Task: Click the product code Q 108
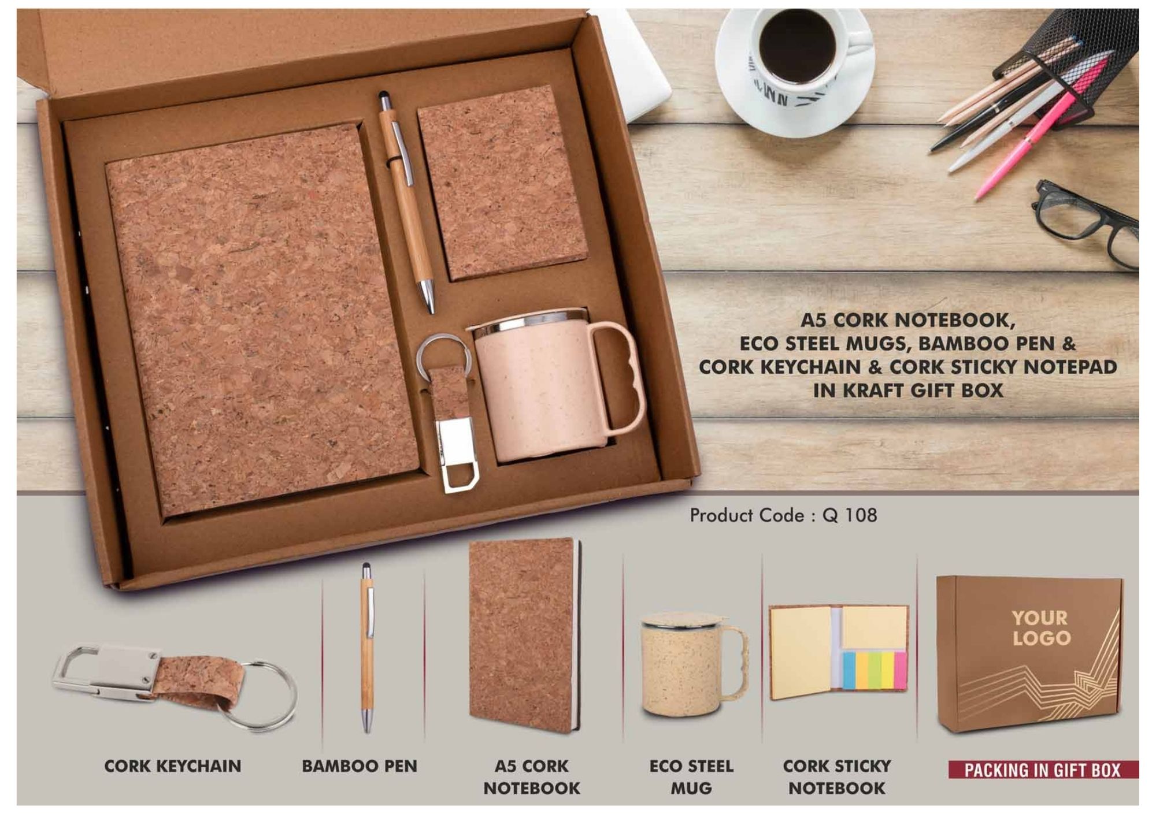(x=850, y=515)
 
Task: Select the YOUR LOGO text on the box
(x=1041, y=627)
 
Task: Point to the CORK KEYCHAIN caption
(x=173, y=766)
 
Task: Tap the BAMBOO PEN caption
(x=359, y=766)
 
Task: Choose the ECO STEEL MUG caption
(x=691, y=777)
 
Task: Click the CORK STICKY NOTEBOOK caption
(x=837, y=777)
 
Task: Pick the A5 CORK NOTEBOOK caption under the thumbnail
(x=532, y=777)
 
